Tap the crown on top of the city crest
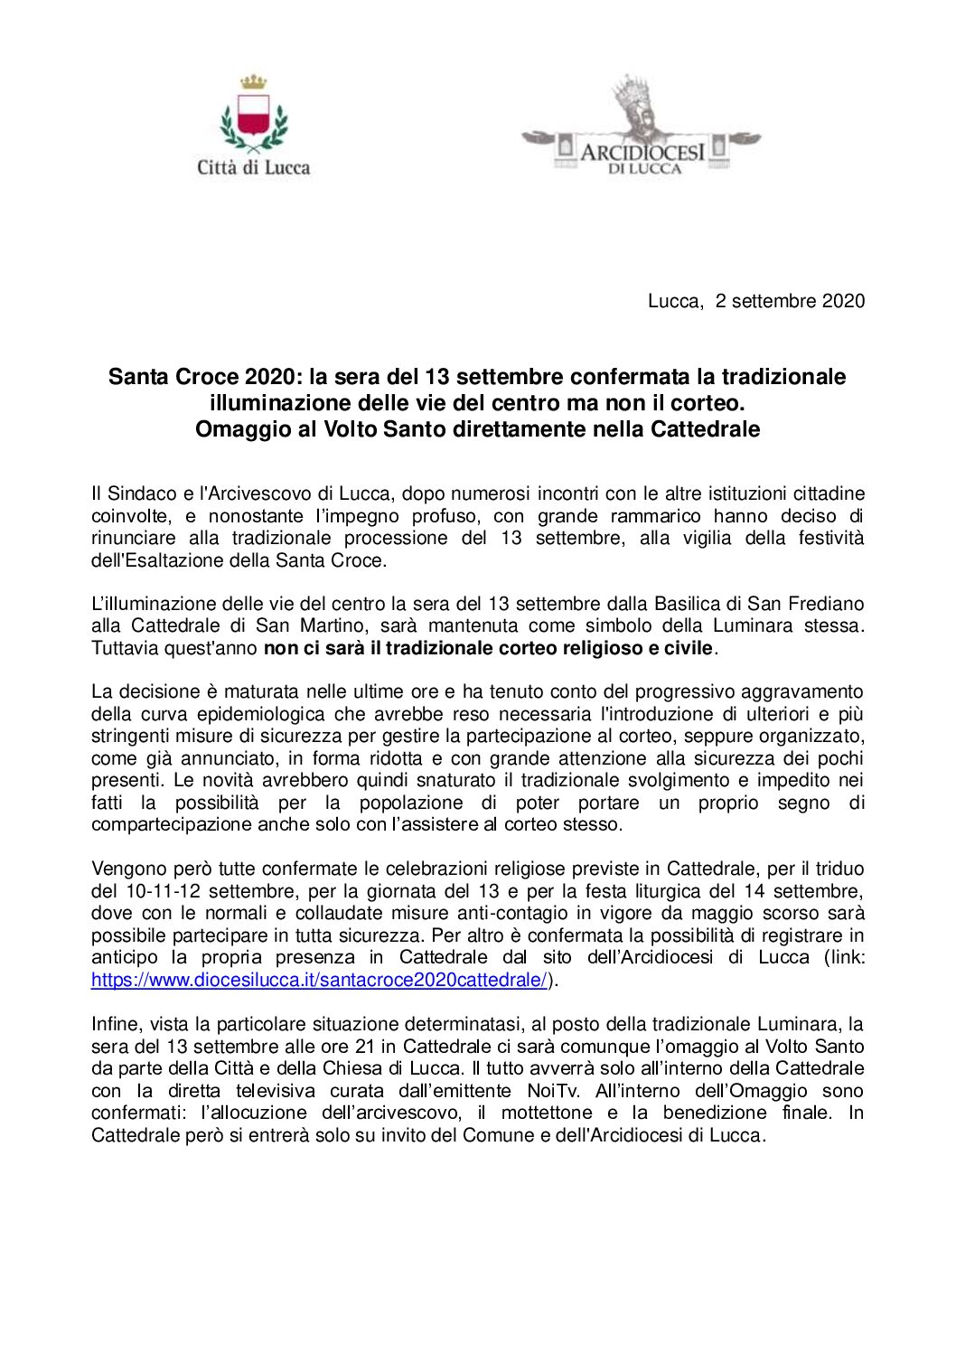tap(253, 83)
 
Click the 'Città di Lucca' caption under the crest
tap(254, 167)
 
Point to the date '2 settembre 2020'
tap(790, 301)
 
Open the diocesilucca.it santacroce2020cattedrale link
tap(320, 980)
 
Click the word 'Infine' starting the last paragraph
tap(115, 1024)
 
